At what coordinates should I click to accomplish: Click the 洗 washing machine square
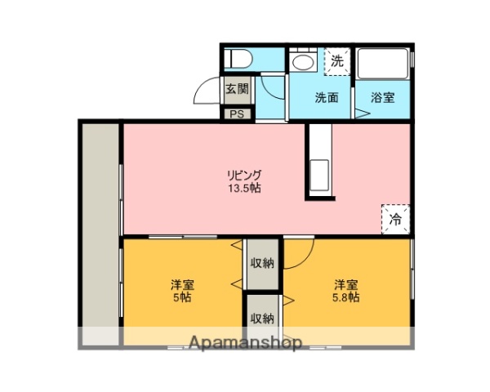click(336, 60)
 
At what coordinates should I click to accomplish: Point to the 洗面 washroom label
click(327, 97)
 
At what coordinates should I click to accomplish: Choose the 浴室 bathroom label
click(383, 97)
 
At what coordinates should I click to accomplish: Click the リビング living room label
click(245, 175)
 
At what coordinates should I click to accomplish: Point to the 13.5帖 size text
click(245, 189)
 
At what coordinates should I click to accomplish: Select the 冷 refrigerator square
click(395, 219)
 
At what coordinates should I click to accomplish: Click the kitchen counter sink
click(318, 174)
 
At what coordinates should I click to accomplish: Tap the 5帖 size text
click(181, 298)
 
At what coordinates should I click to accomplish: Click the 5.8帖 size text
click(345, 298)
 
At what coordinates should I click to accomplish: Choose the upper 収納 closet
click(262, 263)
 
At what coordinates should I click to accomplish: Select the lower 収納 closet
click(262, 318)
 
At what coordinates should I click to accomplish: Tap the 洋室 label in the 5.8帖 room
click(345, 284)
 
